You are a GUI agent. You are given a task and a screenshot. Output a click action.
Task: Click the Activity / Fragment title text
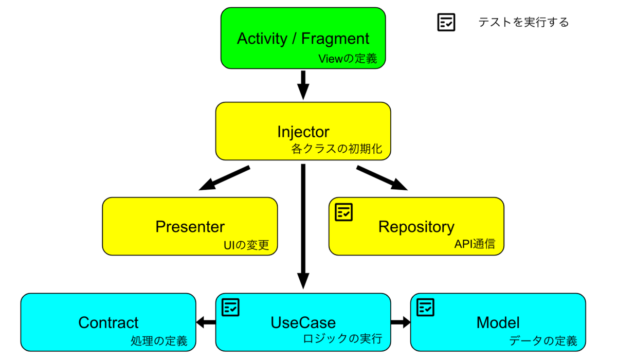[303, 39]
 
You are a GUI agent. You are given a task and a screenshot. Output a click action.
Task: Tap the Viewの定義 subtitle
[348, 59]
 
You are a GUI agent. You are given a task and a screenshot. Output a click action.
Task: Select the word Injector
[303, 132]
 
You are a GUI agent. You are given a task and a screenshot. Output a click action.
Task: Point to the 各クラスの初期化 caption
[337, 149]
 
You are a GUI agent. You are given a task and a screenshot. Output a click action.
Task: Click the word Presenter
[190, 227]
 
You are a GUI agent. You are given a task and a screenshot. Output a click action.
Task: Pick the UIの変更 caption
[246, 245]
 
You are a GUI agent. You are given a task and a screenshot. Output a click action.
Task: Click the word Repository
[416, 227]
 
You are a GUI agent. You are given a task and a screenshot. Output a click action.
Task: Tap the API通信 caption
[475, 244]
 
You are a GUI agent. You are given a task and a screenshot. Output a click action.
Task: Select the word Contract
[108, 322]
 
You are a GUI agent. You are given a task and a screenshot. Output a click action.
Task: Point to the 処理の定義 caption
[159, 341]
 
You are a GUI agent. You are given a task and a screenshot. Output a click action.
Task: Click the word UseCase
[303, 322]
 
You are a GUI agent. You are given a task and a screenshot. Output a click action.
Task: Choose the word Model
[498, 322]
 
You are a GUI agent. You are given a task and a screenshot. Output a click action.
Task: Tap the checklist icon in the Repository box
[343, 212]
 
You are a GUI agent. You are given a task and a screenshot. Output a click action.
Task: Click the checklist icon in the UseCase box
[230, 307]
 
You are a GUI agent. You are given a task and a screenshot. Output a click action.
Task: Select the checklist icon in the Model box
[425, 307]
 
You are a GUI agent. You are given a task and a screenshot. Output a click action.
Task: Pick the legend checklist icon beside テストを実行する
[446, 22]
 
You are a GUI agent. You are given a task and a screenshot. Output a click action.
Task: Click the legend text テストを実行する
[523, 22]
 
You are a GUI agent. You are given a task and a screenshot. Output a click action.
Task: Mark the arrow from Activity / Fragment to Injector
[303, 85]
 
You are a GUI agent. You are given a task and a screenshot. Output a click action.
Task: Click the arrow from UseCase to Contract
[206, 322]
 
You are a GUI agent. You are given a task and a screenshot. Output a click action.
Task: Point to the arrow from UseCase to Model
[401, 322]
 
